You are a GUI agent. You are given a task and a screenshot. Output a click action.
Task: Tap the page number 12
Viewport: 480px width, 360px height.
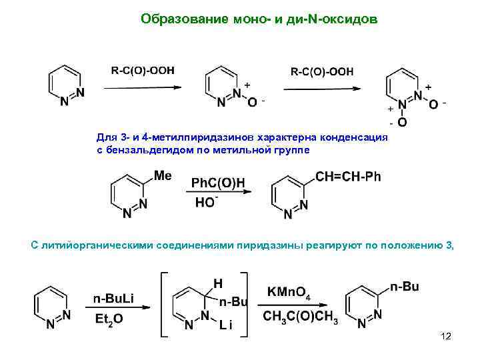click(x=446, y=337)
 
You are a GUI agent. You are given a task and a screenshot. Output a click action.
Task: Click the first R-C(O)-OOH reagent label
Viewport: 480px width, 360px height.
click(x=142, y=71)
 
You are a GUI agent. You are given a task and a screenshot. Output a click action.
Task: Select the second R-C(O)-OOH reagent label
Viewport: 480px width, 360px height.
click(x=322, y=71)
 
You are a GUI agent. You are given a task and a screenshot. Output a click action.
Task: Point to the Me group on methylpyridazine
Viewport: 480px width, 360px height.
click(x=163, y=175)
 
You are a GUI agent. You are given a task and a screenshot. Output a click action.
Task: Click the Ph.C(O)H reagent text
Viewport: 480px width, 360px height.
click(x=218, y=183)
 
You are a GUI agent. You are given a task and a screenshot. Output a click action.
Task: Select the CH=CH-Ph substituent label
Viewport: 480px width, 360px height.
click(x=348, y=177)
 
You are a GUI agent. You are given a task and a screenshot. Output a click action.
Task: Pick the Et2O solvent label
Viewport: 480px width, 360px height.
click(x=109, y=319)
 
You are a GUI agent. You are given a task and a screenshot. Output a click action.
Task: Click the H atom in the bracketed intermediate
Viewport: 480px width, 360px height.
click(x=217, y=283)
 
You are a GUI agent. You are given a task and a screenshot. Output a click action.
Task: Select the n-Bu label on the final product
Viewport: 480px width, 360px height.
click(x=405, y=287)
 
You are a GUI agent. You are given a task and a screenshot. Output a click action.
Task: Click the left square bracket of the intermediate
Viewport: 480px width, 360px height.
click(x=163, y=302)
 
